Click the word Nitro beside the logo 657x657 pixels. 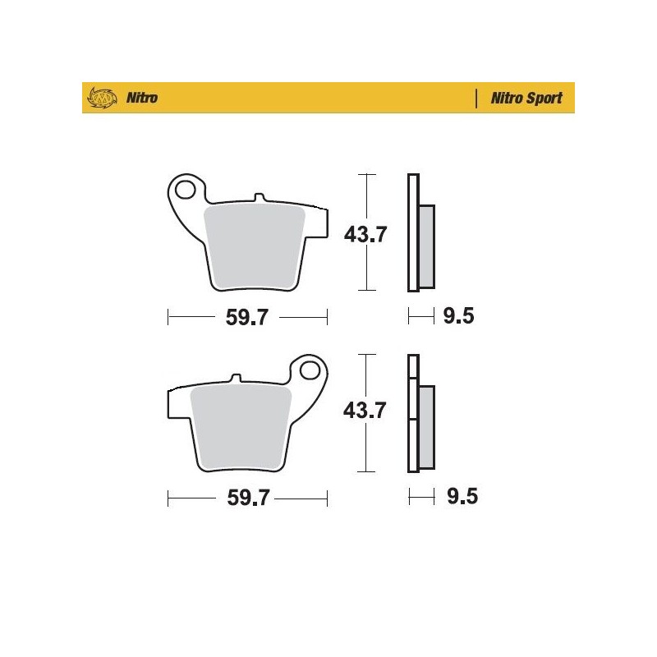(142, 99)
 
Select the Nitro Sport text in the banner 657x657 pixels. (526, 99)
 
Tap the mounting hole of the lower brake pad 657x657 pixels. (311, 370)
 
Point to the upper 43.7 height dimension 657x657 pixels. (365, 235)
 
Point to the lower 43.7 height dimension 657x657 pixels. (365, 411)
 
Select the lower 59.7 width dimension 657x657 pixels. (247, 498)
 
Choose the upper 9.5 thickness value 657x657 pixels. (458, 316)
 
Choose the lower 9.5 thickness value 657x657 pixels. (458, 496)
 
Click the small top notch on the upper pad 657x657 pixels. (260, 198)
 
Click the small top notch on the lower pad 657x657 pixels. (236, 379)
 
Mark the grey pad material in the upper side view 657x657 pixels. (426, 246)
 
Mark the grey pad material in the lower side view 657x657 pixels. (426, 427)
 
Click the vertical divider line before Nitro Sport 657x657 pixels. (477, 99)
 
